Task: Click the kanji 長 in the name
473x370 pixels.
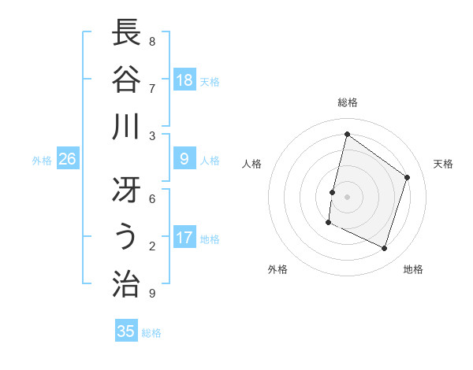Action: (x=127, y=34)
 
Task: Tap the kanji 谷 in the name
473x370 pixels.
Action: (x=127, y=79)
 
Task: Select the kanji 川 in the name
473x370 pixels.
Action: (x=127, y=126)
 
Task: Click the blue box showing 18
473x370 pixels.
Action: (x=184, y=80)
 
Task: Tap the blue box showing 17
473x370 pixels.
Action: (x=184, y=238)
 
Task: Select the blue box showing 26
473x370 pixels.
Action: (x=67, y=159)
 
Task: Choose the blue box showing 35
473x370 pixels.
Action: (x=126, y=331)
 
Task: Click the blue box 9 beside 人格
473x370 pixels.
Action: (x=184, y=159)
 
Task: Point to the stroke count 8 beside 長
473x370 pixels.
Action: (x=152, y=41)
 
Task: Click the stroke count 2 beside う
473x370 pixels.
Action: (x=152, y=246)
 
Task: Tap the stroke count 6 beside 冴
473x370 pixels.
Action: (x=152, y=198)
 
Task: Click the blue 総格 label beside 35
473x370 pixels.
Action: (x=151, y=333)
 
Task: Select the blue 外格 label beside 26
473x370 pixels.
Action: (x=42, y=161)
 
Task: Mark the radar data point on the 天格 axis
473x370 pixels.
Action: (x=408, y=177)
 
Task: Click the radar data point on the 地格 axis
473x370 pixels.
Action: (x=384, y=248)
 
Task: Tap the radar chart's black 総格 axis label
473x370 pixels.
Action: (x=347, y=102)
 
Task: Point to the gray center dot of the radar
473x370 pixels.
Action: (x=347, y=197)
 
